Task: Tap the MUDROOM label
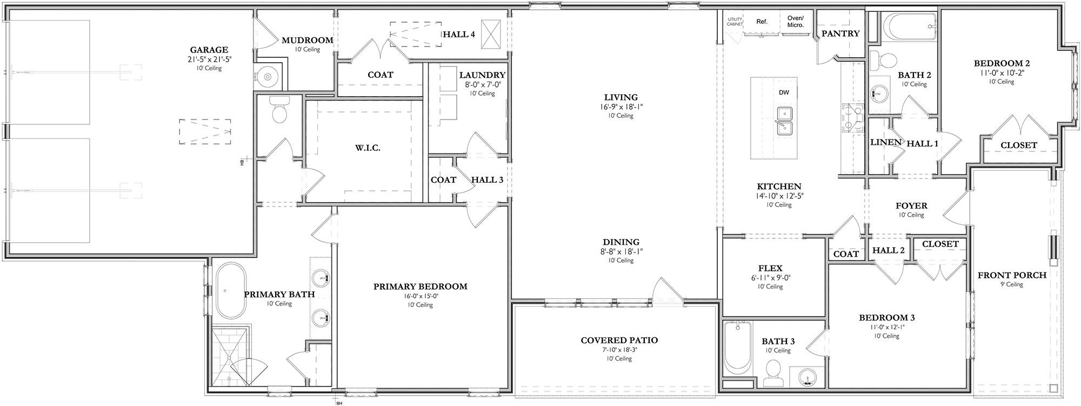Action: pos(307,40)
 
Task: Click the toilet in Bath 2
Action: pos(882,61)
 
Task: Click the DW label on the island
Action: pos(784,92)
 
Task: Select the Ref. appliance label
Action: pos(762,22)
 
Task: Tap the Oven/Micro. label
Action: pos(795,21)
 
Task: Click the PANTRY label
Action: pos(840,34)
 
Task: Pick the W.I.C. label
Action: pos(368,148)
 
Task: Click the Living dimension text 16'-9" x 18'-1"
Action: pos(620,107)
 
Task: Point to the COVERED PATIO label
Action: pos(619,341)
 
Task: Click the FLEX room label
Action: pos(770,268)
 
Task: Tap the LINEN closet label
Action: pos(885,143)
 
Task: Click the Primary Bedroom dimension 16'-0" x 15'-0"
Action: pos(420,296)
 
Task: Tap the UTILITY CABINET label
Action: pos(735,22)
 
